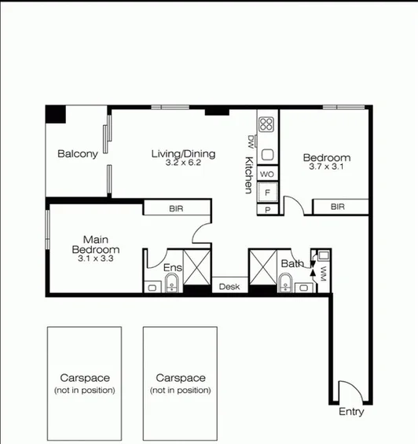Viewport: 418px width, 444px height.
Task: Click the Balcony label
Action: (x=77, y=154)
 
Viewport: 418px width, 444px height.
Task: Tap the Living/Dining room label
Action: (x=182, y=153)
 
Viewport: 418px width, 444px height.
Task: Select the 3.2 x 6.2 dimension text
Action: (x=183, y=163)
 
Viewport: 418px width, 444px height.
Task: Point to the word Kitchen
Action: (x=248, y=175)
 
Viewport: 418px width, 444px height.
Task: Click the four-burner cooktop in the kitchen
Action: (x=267, y=123)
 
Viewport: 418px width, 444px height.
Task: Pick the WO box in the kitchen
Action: (x=267, y=174)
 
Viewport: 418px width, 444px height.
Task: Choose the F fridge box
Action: (x=267, y=192)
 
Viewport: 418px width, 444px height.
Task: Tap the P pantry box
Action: (x=267, y=210)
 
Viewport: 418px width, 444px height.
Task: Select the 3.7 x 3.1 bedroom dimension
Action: (x=327, y=167)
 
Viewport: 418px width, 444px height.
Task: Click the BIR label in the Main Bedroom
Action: (x=177, y=209)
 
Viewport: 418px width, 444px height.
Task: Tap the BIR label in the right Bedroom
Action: (x=337, y=207)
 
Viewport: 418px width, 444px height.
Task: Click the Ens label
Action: (x=172, y=268)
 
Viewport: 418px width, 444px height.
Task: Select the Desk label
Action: (x=229, y=287)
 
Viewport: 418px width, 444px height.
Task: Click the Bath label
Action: (x=291, y=264)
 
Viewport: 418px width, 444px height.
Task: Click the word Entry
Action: (x=351, y=412)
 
